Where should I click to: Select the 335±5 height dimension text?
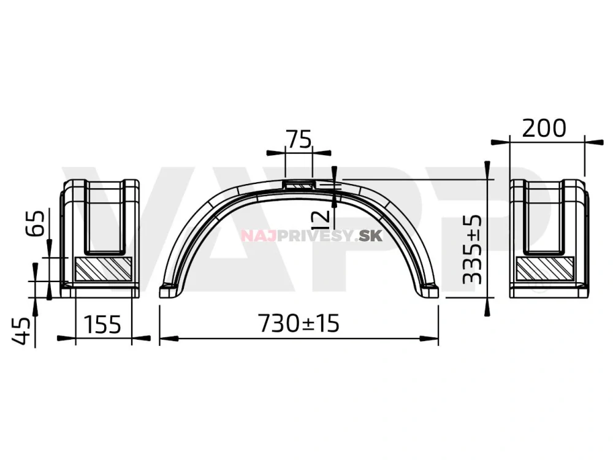(471, 248)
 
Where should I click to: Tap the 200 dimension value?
(544, 128)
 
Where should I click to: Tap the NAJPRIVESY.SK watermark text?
(311, 236)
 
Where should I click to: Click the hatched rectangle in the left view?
(103, 268)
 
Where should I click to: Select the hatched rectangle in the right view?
(545, 268)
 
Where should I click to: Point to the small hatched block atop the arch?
(299, 184)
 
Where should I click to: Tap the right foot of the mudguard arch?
(429, 291)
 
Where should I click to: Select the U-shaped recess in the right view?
(543, 218)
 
